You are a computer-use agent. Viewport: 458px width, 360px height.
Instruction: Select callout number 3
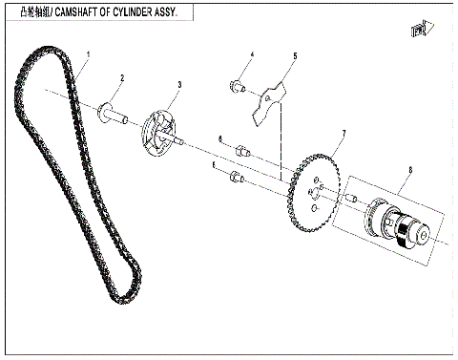point(179,85)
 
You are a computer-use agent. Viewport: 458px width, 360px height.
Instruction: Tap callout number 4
point(252,54)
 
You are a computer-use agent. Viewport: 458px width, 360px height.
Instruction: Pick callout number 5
point(294,57)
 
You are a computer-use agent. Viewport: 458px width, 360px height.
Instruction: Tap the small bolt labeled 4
point(234,88)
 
